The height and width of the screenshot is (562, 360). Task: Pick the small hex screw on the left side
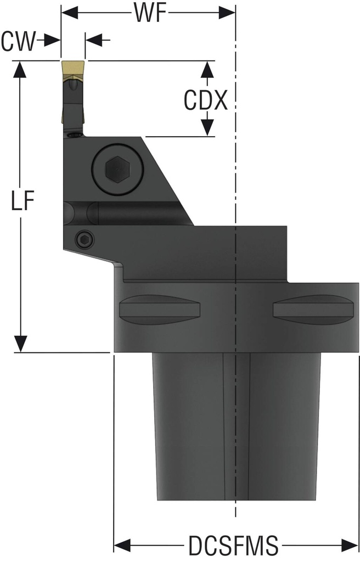pyautogui.click(x=84, y=238)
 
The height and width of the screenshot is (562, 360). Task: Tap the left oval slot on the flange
pyautogui.click(x=159, y=310)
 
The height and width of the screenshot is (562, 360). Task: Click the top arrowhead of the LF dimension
pyautogui.click(x=21, y=69)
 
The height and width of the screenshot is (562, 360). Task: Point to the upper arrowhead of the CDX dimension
pyautogui.click(x=207, y=69)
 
